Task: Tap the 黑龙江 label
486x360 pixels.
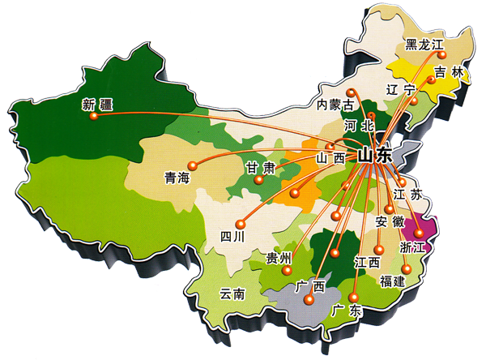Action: pyautogui.click(x=424, y=45)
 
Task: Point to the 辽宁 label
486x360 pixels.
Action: pyautogui.click(x=400, y=88)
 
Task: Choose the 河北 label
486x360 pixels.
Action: pyautogui.click(x=358, y=126)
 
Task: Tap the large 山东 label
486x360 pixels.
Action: pyautogui.click(x=375, y=154)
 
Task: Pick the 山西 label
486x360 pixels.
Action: pyautogui.click(x=330, y=157)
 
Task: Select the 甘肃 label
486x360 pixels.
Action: pyautogui.click(x=262, y=168)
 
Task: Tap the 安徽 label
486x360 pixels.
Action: pyautogui.click(x=390, y=221)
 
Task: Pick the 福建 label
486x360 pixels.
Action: pyautogui.click(x=396, y=281)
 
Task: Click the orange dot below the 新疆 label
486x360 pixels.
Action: pyautogui.click(x=94, y=116)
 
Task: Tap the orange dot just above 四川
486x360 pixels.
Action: pyautogui.click(x=240, y=224)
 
